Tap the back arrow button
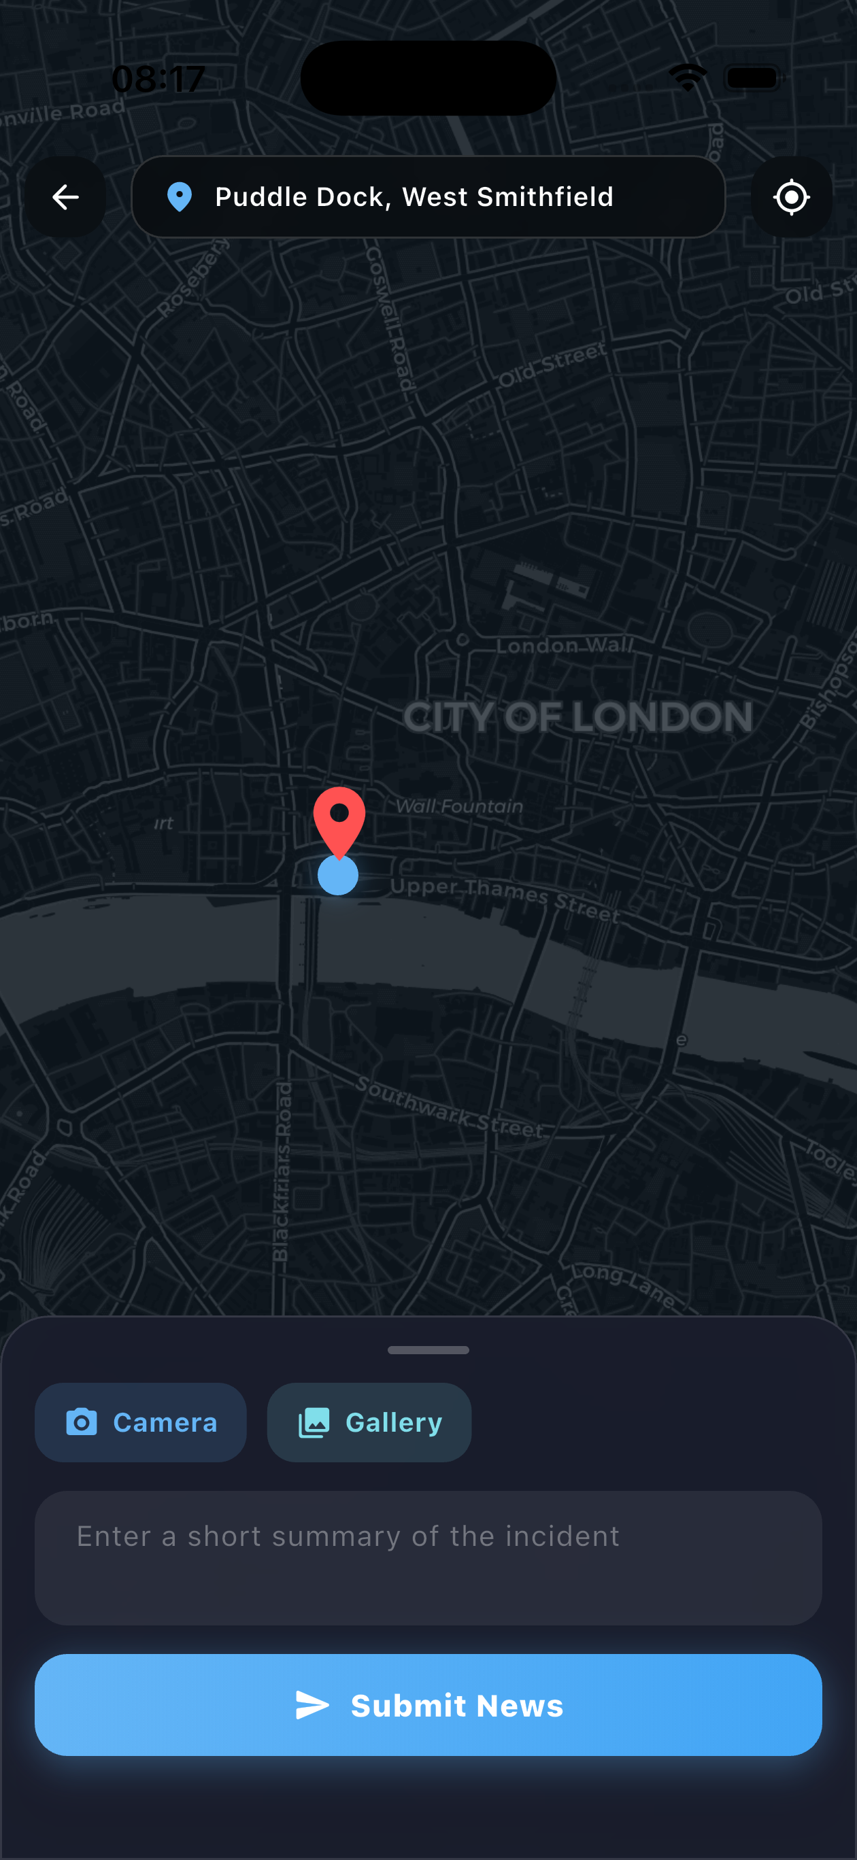pos(66,197)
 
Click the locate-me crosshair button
pos(791,197)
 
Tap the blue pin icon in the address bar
pos(179,197)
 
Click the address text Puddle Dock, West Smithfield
pos(414,197)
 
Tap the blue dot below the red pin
pos(338,874)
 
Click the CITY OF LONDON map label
pos(577,718)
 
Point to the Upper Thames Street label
pos(505,899)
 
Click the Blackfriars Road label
pos(282,1170)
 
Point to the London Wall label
pos(565,646)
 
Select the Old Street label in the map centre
pos(553,364)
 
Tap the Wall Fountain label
pos(459,806)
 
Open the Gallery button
pos(369,1422)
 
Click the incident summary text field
pos(428,1557)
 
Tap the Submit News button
pos(428,1705)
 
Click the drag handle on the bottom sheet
pos(428,1349)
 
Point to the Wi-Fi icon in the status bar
pos(687,77)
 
